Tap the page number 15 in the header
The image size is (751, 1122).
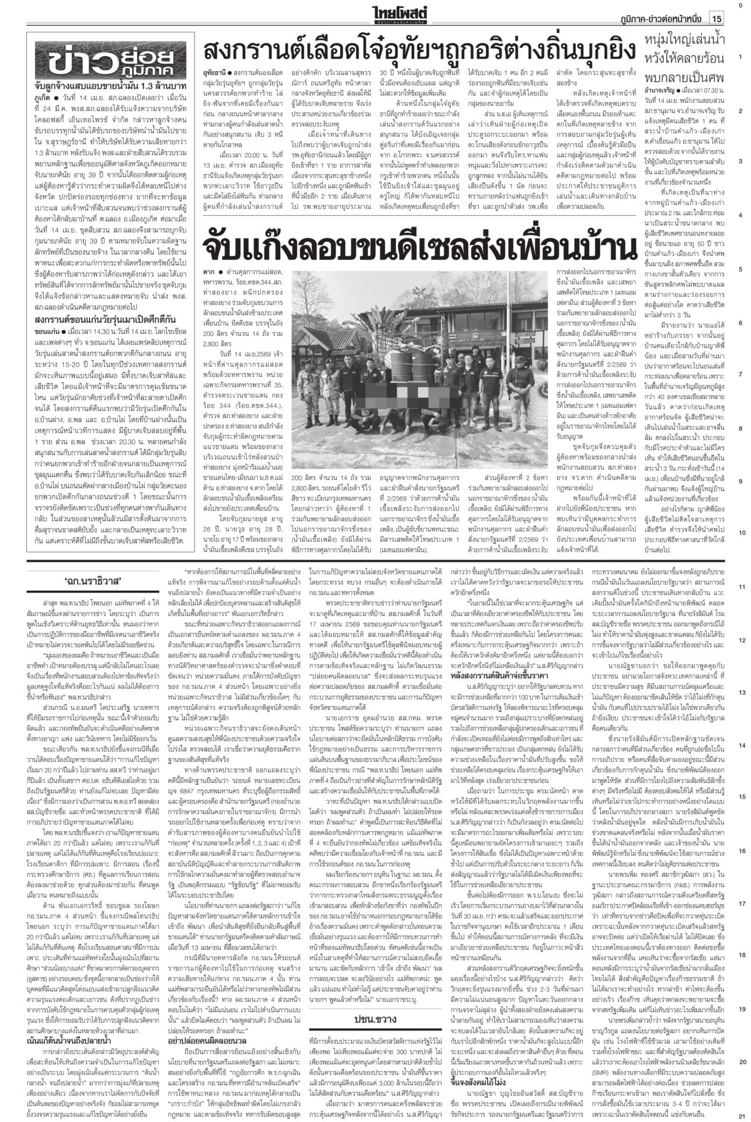pyautogui.click(x=717, y=19)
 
